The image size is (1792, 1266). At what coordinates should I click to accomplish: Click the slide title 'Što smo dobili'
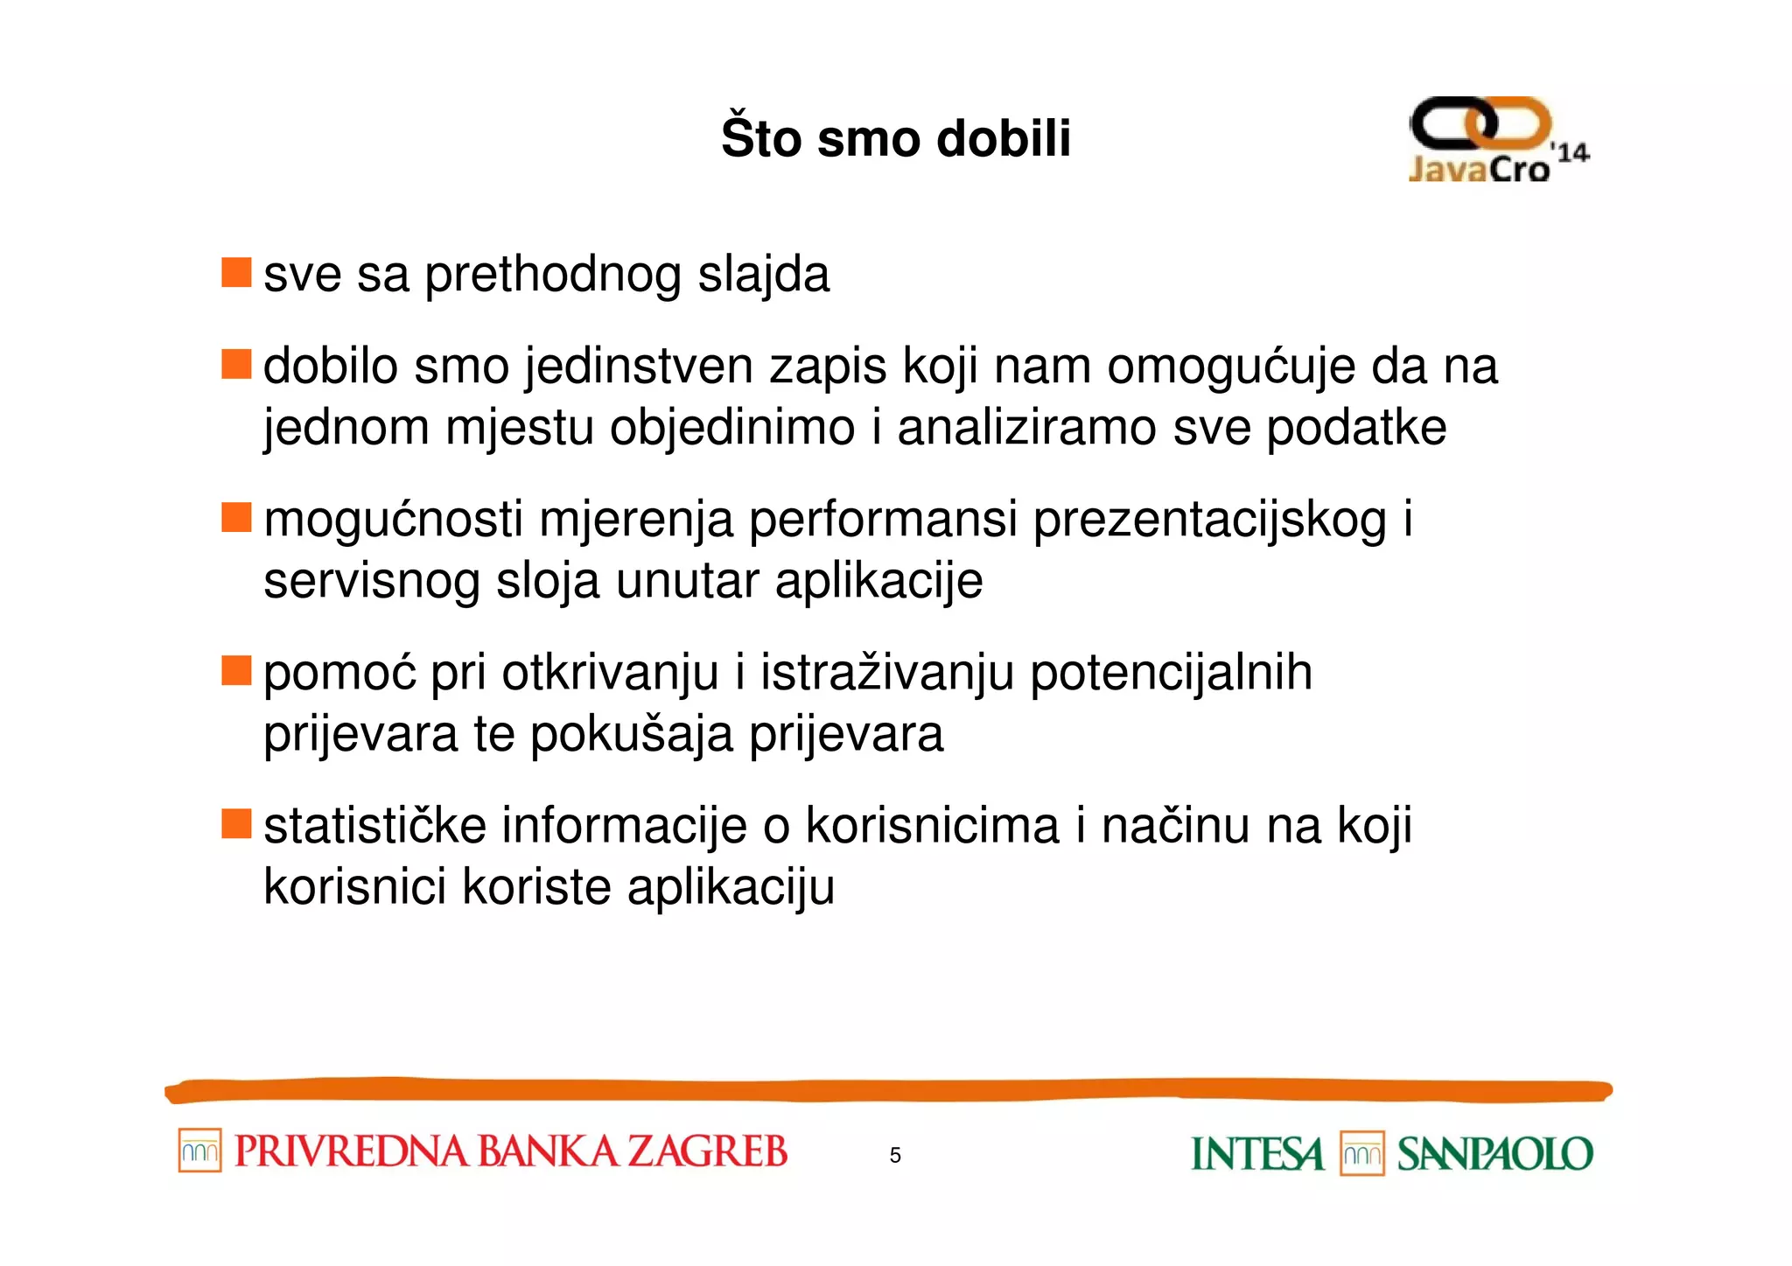[x=895, y=138]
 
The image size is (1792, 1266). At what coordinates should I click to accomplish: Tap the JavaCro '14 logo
[x=1497, y=140]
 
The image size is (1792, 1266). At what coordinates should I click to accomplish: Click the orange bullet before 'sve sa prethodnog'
[x=236, y=272]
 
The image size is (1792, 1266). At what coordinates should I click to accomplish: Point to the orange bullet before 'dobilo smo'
[x=236, y=364]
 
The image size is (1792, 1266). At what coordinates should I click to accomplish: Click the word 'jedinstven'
[x=640, y=367]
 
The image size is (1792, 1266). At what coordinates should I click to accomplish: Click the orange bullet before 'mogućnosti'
[x=236, y=517]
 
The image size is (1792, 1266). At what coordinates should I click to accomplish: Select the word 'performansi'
[x=883, y=520]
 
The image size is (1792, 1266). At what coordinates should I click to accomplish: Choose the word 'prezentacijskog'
[x=1210, y=520]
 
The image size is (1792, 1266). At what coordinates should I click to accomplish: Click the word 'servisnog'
[x=371, y=581]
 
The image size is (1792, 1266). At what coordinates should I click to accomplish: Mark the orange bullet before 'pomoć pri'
[x=236, y=670]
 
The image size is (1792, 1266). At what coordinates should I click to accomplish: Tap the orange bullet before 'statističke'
[x=236, y=823]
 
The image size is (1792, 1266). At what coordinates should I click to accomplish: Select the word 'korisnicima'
[x=933, y=826]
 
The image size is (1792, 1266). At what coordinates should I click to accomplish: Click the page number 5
[x=895, y=1155]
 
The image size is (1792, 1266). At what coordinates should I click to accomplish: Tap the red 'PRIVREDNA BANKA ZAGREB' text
[x=511, y=1151]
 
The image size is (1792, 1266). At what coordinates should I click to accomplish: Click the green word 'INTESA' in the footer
[x=1257, y=1154]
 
